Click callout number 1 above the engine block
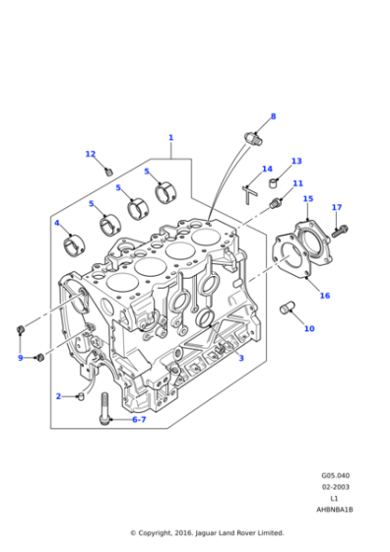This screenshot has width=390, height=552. tap(170, 138)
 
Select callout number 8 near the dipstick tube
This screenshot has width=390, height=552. tap(273, 116)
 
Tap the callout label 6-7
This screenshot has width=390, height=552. tap(138, 420)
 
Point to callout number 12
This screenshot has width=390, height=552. tap(90, 154)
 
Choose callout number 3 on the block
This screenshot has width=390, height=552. tap(240, 358)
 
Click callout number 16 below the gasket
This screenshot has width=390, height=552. tap(324, 296)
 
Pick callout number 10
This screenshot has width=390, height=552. tap(308, 328)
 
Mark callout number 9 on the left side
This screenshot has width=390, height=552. tap(20, 358)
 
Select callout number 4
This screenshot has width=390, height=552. tap(57, 223)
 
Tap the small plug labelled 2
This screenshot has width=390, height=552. tap(81, 396)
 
